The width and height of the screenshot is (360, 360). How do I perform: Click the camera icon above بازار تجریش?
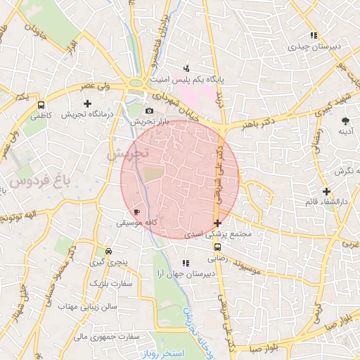(149, 111)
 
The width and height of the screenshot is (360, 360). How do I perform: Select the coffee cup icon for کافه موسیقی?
(137, 212)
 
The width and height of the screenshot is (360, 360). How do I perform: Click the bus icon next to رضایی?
(217, 247)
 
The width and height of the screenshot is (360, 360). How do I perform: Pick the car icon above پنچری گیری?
(108, 252)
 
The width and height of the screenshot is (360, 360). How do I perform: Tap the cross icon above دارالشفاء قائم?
(326, 191)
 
